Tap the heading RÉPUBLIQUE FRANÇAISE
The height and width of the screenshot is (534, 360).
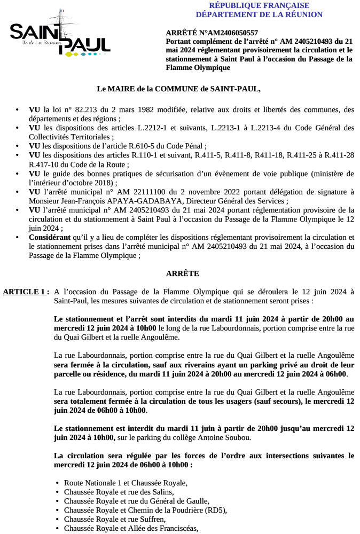pyautogui.click(x=259, y=5)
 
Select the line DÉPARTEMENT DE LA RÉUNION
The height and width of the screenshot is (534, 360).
pyautogui.click(x=259, y=14)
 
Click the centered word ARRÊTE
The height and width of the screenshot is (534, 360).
pyautogui.click(x=183, y=273)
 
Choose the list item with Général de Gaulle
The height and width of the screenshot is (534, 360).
pyautogui.click(x=136, y=501)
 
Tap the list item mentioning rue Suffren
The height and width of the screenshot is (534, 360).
pyautogui.click(x=114, y=519)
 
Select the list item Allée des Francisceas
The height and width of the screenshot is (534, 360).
pyautogui.click(x=131, y=528)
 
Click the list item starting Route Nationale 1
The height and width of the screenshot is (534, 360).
pyautogui.click(x=126, y=483)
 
